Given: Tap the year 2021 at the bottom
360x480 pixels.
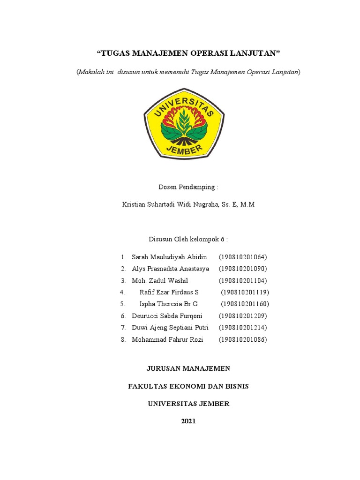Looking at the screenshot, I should point(188,421).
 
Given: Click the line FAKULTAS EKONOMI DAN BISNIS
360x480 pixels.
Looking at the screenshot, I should point(188,386).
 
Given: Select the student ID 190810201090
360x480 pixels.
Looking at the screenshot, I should point(242,269).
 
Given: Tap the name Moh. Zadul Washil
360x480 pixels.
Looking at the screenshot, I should point(160,280).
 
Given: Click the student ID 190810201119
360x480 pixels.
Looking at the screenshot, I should point(245,292).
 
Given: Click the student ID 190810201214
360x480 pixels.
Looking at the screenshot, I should point(242,328).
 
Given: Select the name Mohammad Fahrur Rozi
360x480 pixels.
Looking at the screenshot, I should point(167,339).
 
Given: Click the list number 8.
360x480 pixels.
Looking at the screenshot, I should point(123,339).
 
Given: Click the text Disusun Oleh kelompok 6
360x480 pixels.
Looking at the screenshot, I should point(188,239).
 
